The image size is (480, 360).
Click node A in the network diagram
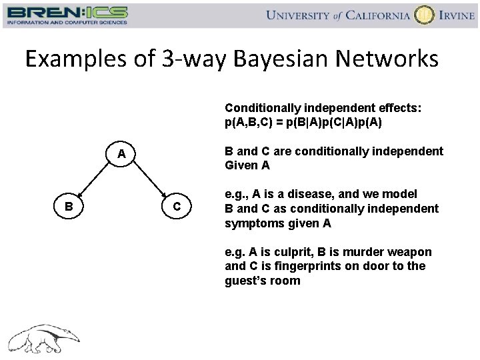point(121,154)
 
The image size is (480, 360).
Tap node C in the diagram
point(177,207)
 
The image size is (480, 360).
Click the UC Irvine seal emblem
point(423,15)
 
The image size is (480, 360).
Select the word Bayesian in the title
point(279,59)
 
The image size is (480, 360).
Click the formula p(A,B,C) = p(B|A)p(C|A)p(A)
point(303,123)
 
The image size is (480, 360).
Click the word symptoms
point(255,223)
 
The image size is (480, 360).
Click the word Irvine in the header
point(457,15)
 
